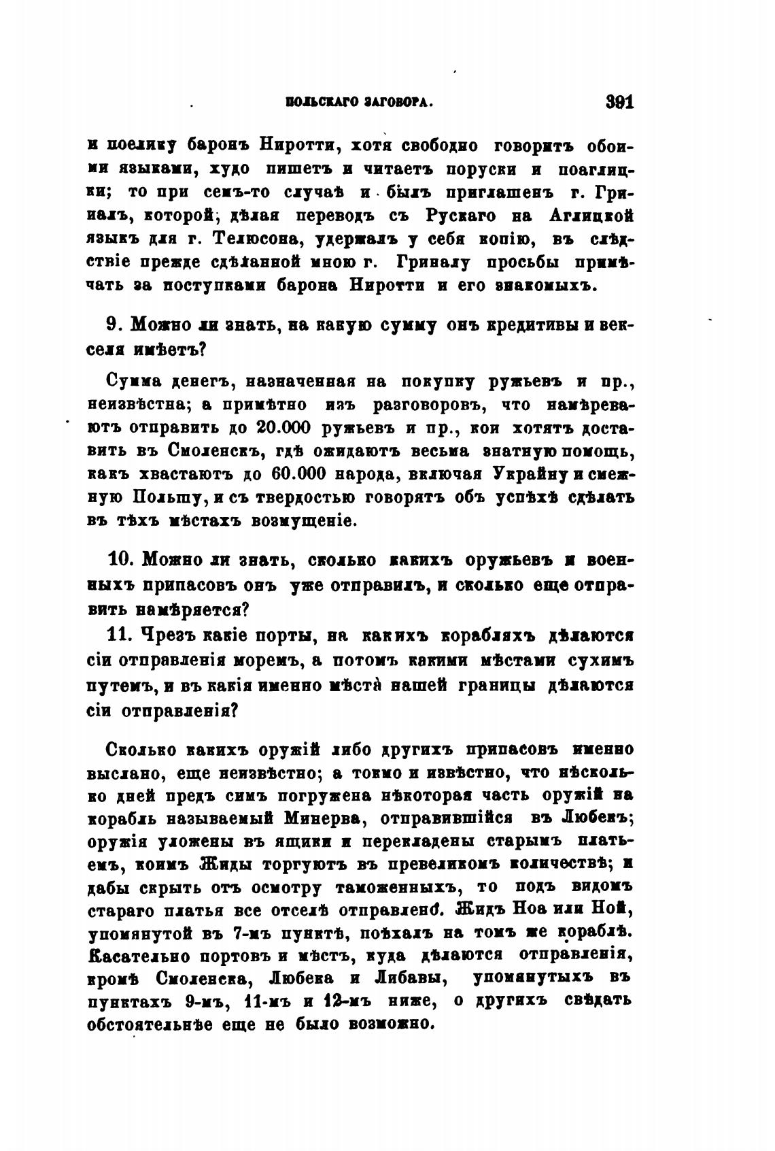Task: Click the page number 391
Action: (x=619, y=103)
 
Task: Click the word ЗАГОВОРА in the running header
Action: (x=399, y=103)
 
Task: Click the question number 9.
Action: (x=114, y=324)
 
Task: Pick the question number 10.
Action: (x=123, y=560)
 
